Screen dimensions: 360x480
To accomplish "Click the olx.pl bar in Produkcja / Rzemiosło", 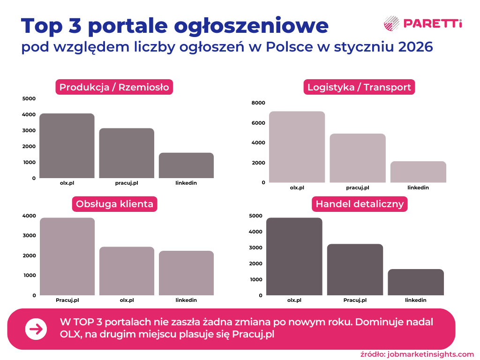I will click(67, 146).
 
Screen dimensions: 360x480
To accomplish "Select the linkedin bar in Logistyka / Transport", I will click(418, 172).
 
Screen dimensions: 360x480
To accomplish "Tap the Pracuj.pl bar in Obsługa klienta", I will click(67, 256).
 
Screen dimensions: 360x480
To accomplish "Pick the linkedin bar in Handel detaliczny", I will click(416, 282).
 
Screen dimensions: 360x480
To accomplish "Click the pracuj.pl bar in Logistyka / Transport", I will click(358, 158).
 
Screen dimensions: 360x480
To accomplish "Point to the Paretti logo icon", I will click(391, 23).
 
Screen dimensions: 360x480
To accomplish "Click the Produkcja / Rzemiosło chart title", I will click(114, 87).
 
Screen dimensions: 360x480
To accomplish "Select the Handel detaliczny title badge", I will click(360, 204).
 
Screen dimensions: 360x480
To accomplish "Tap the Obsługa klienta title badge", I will click(114, 204).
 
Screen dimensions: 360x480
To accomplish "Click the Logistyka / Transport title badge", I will click(359, 87).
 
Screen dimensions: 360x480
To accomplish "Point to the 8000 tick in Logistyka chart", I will click(258, 103).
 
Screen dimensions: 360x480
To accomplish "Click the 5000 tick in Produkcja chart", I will click(29, 98).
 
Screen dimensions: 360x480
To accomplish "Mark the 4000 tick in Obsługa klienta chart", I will click(29, 216).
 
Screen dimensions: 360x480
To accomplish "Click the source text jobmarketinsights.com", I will click(431, 354).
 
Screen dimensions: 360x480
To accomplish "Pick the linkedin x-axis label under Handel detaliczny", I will click(416, 300).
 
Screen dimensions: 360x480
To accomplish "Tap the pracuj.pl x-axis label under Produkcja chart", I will click(127, 183).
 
